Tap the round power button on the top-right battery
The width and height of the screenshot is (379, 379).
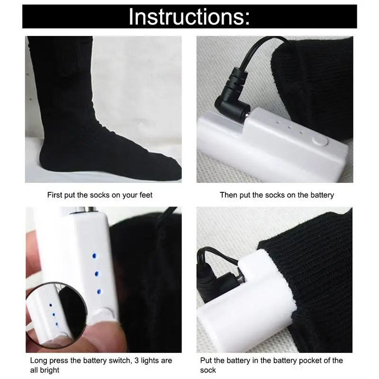(x=320, y=141)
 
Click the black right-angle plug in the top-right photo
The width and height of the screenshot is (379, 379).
(x=232, y=93)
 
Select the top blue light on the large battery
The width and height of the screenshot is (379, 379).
(x=94, y=256)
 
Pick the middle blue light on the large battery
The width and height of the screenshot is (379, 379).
(x=97, y=274)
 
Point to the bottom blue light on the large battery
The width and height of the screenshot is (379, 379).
(x=99, y=292)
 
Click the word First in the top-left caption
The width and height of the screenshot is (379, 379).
(x=54, y=195)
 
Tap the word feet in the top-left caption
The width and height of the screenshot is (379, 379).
(x=146, y=195)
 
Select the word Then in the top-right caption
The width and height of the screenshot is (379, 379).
(x=228, y=195)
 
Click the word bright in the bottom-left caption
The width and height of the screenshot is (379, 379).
(x=50, y=370)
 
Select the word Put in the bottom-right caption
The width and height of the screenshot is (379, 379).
(x=206, y=361)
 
